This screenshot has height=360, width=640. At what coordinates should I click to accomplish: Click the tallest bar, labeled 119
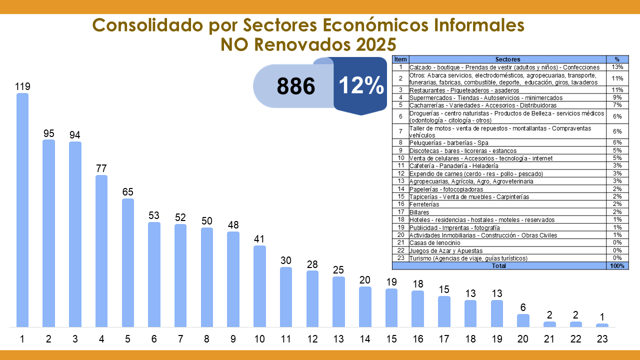click(x=22, y=210)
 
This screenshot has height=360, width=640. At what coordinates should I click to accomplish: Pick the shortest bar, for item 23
click(x=602, y=325)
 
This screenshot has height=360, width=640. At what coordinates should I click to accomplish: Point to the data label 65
click(x=127, y=192)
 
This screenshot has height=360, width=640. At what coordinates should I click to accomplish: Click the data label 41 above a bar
click(x=259, y=239)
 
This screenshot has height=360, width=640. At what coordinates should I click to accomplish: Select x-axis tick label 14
click(x=365, y=339)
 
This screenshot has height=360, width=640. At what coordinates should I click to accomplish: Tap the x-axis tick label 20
click(x=523, y=339)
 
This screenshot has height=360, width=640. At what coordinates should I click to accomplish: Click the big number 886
click(x=296, y=86)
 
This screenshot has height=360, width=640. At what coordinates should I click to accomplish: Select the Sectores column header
click(x=507, y=59)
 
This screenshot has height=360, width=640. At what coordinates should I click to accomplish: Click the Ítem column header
click(x=400, y=59)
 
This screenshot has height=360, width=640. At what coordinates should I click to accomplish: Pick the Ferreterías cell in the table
click(x=424, y=204)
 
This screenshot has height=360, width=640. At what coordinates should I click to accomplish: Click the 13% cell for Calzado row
click(x=617, y=67)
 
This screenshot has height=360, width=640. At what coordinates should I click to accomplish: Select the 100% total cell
click(x=617, y=266)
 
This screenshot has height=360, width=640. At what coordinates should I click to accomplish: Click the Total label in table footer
click(x=498, y=266)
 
